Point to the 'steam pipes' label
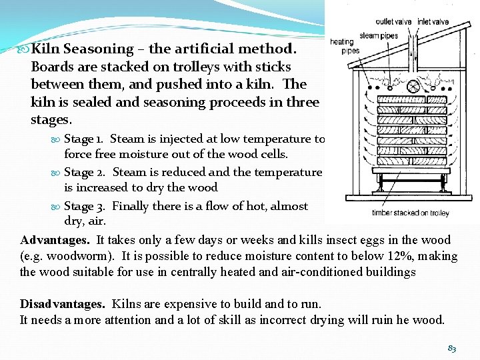point(378,35)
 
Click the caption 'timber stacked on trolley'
point(411,213)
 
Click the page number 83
point(453,348)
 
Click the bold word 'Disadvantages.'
point(62,304)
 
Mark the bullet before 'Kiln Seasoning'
point(24,49)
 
